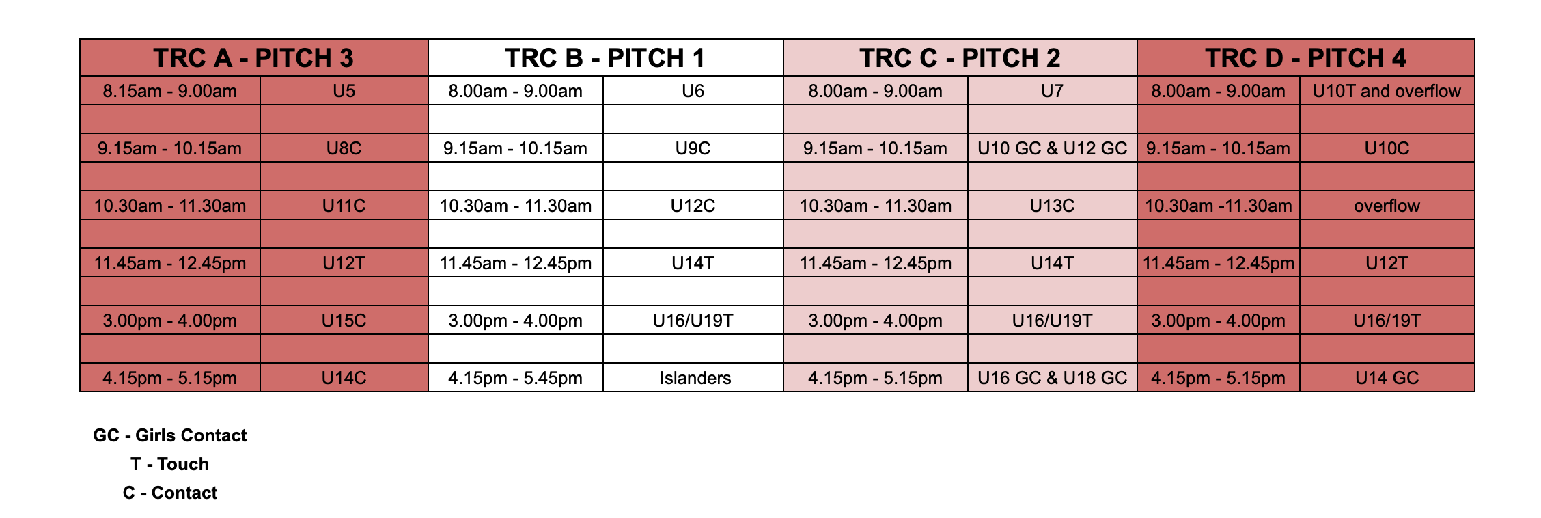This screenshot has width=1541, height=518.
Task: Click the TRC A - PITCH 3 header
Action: tap(253, 58)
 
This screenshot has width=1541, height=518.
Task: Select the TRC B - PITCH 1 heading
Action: tap(605, 58)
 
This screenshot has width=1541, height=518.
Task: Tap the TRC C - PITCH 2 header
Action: tap(960, 58)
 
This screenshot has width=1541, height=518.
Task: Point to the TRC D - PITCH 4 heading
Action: tap(1305, 58)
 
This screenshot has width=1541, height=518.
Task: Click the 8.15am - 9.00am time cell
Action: tap(170, 91)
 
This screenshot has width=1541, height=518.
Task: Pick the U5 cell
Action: tap(344, 91)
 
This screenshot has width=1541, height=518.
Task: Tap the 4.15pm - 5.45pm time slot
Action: tap(516, 378)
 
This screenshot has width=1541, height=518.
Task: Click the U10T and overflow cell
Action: tap(1387, 91)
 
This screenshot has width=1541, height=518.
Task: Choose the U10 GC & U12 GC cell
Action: tap(1053, 148)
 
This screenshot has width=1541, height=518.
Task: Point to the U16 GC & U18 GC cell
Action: tap(1053, 378)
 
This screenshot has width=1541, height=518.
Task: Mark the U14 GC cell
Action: tap(1387, 378)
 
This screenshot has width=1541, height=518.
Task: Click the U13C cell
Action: tap(1053, 206)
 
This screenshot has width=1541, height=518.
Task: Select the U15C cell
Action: tap(344, 321)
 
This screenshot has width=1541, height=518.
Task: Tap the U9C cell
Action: tap(693, 148)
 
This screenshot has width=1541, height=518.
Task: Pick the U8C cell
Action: tap(344, 148)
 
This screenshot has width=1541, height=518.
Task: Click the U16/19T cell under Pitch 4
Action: tap(1387, 321)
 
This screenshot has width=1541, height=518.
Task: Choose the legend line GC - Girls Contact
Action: tap(170, 435)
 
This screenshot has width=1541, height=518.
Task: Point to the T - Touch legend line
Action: tap(169, 464)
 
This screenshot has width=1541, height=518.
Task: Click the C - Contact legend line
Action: tap(170, 493)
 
